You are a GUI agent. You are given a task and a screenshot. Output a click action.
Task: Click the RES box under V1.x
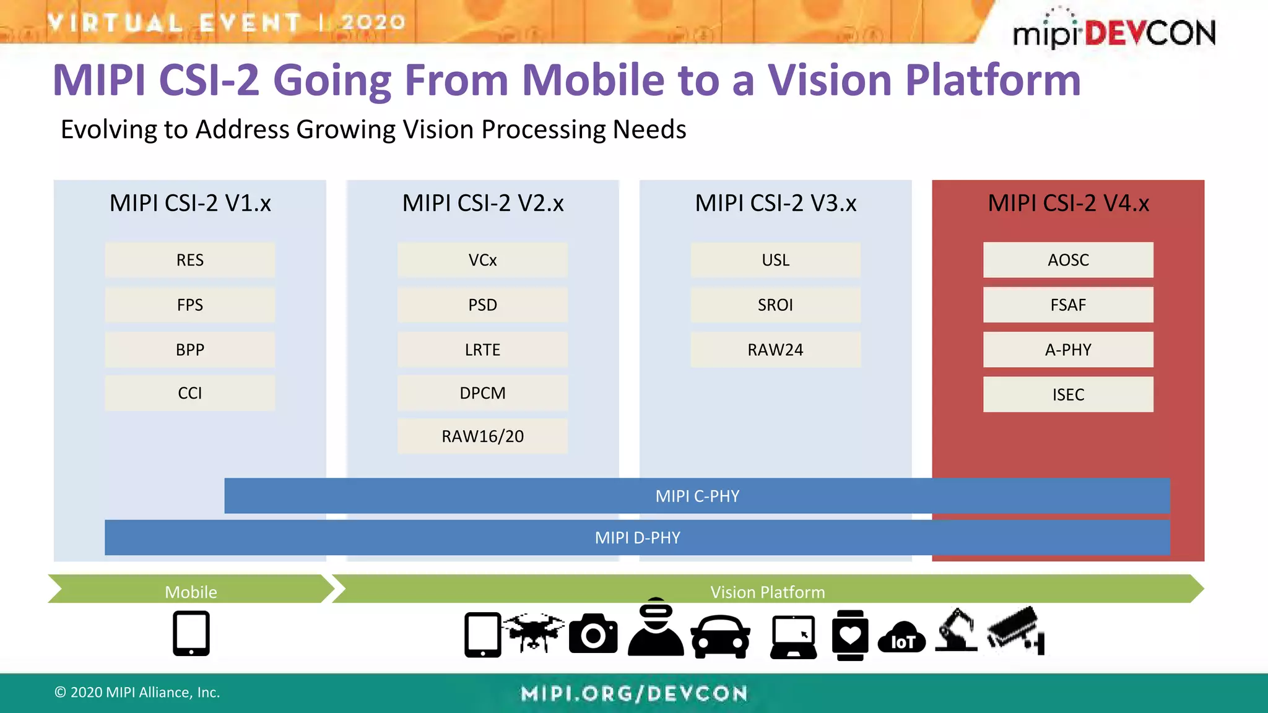pyautogui.click(x=189, y=260)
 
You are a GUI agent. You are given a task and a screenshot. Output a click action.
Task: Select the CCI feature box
pyautogui.click(x=189, y=393)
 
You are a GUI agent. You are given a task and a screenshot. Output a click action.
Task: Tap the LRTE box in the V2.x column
pyautogui.click(x=482, y=350)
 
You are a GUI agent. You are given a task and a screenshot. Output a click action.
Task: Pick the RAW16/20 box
pyautogui.click(x=482, y=436)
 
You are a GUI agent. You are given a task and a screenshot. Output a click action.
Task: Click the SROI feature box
pyautogui.click(x=775, y=305)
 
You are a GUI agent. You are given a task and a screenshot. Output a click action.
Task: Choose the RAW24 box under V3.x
pyautogui.click(x=775, y=350)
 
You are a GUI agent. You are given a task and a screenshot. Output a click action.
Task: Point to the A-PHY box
pyautogui.click(x=1068, y=350)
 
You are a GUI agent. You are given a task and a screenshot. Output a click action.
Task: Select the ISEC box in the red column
pyautogui.click(x=1068, y=394)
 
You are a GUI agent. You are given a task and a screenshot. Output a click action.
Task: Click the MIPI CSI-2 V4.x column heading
pyautogui.click(x=1068, y=203)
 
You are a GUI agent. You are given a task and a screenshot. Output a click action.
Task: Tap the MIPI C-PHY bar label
pyautogui.click(x=697, y=496)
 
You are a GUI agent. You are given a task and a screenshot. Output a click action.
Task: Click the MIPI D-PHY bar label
pyautogui.click(x=637, y=537)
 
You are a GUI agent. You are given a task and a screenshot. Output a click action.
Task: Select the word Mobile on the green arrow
pyautogui.click(x=191, y=592)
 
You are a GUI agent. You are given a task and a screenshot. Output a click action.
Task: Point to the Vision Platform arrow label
pyautogui.click(x=767, y=592)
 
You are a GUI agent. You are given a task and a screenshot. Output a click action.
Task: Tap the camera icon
pyautogui.click(x=593, y=634)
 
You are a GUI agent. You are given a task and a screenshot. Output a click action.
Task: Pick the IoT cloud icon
pyautogui.click(x=901, y=637)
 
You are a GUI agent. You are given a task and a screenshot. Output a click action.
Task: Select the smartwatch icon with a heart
pyautogui.click(x=849, y=635)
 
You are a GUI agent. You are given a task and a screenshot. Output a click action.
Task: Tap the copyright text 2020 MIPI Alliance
pyautogui.click(x=137, y=692)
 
